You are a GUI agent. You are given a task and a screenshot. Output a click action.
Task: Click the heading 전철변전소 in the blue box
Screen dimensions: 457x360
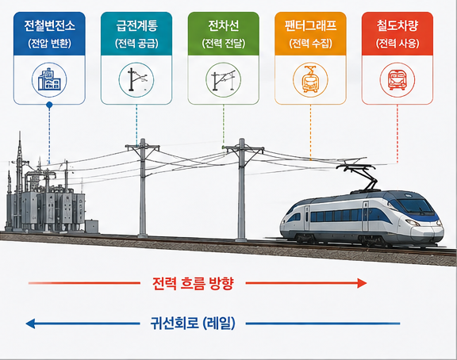point(49,25)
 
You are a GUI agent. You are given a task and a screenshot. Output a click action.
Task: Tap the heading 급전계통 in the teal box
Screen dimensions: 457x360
point(136,25)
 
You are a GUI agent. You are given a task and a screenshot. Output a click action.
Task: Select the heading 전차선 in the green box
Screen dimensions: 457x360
point(224,25)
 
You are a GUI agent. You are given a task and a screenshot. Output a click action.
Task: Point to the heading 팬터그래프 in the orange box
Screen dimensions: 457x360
point(310,25)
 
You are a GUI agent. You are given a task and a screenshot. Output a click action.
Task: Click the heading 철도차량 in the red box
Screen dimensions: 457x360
point(397,25)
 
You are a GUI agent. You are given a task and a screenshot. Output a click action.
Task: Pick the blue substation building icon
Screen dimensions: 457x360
point(49,79)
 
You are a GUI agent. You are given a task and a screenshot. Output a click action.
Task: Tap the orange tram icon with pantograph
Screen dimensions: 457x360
point(310,79)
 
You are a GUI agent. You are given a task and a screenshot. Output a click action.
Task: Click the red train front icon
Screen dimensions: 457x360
point(397,80)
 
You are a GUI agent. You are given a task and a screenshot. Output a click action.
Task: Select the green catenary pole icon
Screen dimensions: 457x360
point(224,80)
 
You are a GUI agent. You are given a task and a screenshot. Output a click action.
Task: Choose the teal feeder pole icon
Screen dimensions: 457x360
point(136,79)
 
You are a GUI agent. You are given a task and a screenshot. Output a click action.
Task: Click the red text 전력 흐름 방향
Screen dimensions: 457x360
point(193,283)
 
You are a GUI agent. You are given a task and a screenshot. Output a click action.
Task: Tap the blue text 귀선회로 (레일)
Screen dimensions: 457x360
point(193,324)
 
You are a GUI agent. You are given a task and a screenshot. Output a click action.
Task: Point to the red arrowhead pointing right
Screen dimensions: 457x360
point(362,283)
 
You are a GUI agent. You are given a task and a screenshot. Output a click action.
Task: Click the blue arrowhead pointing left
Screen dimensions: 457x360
point(31,324)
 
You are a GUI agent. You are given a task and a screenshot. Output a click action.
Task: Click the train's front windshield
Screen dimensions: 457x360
point(416,206)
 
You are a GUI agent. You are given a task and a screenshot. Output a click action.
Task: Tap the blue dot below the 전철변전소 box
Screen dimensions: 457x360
point(49,105)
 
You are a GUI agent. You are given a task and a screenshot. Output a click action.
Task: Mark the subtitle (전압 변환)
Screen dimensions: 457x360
point(49,44)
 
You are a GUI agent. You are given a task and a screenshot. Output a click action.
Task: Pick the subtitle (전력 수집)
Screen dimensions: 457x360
point(310,44)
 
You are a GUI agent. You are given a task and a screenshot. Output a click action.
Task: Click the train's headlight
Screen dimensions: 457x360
point(413,223)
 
